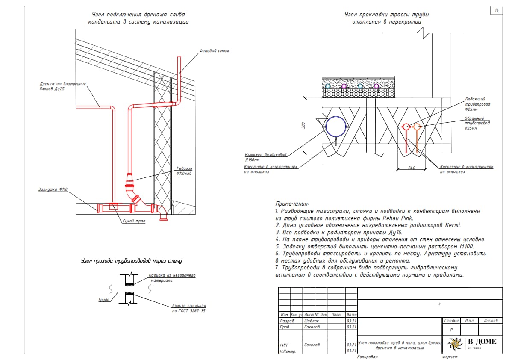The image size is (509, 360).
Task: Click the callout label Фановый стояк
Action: click(214, 51)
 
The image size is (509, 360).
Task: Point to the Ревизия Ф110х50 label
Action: click(184, 171)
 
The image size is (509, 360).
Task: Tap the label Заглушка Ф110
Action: click(52, 189)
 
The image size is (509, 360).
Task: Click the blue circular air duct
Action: click(335, 126)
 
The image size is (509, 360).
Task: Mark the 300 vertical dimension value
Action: click(303, 126)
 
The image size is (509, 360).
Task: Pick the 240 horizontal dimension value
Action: click(412, 168)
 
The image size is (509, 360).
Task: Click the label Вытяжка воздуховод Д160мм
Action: click(265, 157)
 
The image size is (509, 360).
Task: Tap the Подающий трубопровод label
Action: click(477, 104)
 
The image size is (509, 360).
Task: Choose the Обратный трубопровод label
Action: click(477, 123)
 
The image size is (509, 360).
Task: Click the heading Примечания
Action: click(292, 204)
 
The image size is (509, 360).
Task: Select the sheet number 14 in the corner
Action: click(497, 10)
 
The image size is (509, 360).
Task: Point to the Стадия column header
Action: click(451, 321)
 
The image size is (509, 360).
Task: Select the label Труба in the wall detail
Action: click(104, 300)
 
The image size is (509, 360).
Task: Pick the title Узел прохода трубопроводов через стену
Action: click(132, 260)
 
